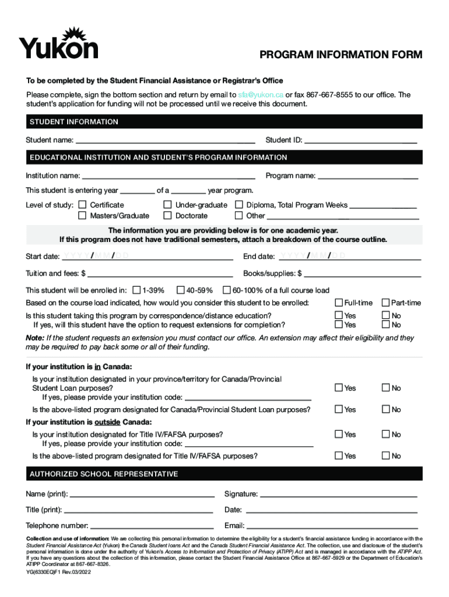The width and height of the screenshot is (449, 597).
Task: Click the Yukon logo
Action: tap(58, 43)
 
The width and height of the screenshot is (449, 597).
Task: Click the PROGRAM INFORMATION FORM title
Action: tap(341, 55)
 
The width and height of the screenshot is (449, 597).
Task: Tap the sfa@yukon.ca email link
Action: tap(261, 94)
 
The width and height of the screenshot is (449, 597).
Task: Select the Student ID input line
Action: tap(360, 140)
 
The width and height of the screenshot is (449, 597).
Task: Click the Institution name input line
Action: tap(169, 175)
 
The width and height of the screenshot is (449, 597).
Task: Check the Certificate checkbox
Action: tap(82, 205)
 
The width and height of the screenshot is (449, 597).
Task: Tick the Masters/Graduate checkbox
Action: tap(82, 216)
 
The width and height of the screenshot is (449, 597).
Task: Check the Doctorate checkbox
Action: tap(168, 216)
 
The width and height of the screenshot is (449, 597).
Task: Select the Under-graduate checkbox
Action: tap(168, 205)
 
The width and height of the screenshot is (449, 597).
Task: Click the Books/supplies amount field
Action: tap(362, 273)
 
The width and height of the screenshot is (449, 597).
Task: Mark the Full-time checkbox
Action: tap(338, 303)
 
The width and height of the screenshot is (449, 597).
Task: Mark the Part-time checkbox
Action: tap(385, 303)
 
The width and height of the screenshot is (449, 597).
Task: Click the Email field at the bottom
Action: tap(331, 525)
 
